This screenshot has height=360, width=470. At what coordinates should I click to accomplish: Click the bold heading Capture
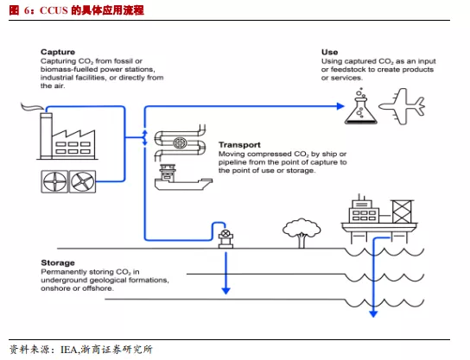(x=58, y=52)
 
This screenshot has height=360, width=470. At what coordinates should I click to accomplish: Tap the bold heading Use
(x=330, y=52)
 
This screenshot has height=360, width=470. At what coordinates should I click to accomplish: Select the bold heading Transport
(x=239, y=145)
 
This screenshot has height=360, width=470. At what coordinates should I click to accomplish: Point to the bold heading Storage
(x=58, y=263)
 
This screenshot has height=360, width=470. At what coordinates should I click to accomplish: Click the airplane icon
(x=402, y=106)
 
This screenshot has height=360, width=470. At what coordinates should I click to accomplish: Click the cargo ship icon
(x=183, y=177)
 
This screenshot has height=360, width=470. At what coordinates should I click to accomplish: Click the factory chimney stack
(x=46, y=136)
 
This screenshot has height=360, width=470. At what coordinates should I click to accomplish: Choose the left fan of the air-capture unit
(x=54, y=182)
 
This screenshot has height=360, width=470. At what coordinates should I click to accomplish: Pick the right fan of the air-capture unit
(x=82, y=182)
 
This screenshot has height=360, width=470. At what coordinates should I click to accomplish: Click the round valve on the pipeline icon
(x=180, y=142)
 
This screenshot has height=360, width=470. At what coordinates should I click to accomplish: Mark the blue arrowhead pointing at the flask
(x=340, y=106)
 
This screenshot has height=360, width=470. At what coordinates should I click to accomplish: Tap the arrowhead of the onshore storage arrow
(x=225, y=291)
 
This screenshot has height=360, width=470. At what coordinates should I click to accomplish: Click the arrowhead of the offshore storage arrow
(x=373, y=313)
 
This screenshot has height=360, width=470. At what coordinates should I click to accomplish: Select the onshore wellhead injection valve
(x=225, y=239)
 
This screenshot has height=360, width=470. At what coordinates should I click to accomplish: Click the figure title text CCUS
(x=54, y=10)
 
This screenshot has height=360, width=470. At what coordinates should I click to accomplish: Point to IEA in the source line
(x=69, y=350)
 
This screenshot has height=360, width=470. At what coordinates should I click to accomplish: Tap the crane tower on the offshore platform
(x=402, y=212)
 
